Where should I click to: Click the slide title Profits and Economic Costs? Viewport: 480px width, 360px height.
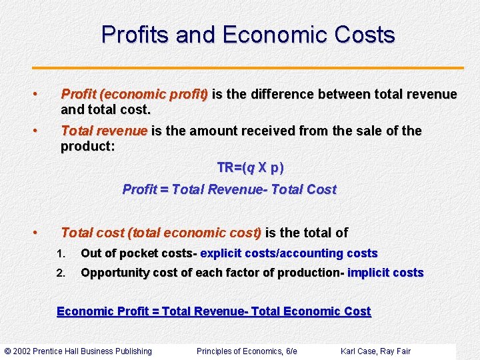pos(248,35)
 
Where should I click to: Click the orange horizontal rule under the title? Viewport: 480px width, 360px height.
pos(248,68)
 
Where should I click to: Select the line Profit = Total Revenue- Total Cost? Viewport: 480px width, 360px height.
pos(229,189)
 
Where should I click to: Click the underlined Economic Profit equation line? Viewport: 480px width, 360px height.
pos(214,311)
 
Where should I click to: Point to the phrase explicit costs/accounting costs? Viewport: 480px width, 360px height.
pos(289,253)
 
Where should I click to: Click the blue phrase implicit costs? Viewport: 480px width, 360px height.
pos(385,273)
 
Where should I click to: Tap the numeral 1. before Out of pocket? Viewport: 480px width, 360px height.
pos(61,254)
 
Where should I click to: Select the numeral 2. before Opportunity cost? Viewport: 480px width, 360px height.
pos(61,273)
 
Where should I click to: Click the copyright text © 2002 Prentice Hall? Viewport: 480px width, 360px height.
pos(79,351)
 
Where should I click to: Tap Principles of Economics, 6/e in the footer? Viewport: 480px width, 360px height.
pos(247,351)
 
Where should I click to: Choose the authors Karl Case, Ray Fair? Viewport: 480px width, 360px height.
pos(375,351)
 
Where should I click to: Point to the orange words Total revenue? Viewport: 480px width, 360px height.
pos(103,131)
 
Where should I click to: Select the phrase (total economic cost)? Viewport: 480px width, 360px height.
pos(195,233)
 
